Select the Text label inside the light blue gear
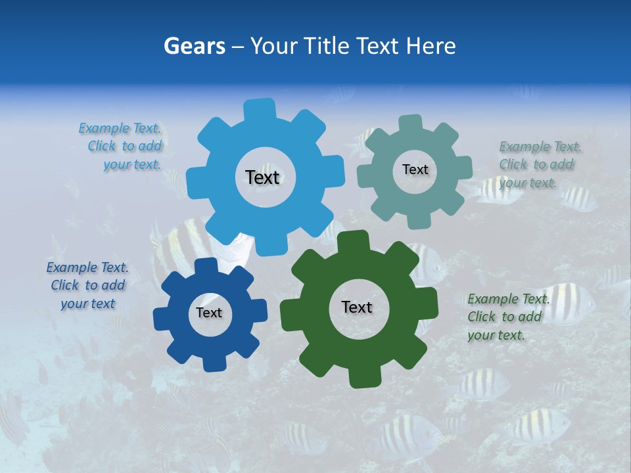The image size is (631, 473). tap(262, 177)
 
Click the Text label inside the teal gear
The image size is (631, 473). tap(415, 169)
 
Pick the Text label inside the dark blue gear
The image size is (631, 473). tap(209, 313)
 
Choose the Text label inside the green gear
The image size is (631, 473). tap(357, 307)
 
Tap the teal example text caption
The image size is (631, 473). tap(538, 164)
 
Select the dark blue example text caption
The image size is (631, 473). tap(88, 285)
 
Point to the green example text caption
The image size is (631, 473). tap(506, 317)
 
